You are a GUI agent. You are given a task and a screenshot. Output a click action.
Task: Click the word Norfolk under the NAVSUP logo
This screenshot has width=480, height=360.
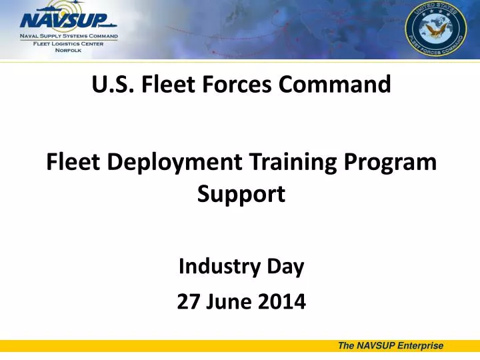(x=68, y=49)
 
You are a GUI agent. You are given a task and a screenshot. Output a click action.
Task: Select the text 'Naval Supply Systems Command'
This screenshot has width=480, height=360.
(x=69, y=35)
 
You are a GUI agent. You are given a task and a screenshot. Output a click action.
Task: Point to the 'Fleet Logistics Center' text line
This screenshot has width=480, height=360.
(x=69, y=43)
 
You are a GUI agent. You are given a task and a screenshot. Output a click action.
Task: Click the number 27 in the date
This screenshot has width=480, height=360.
(x=188, y=302)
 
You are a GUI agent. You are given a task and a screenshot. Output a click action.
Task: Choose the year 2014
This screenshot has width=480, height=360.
(x=280, y=302)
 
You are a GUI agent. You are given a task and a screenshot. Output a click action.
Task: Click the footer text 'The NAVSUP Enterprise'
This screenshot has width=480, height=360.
(x=391, y=345)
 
